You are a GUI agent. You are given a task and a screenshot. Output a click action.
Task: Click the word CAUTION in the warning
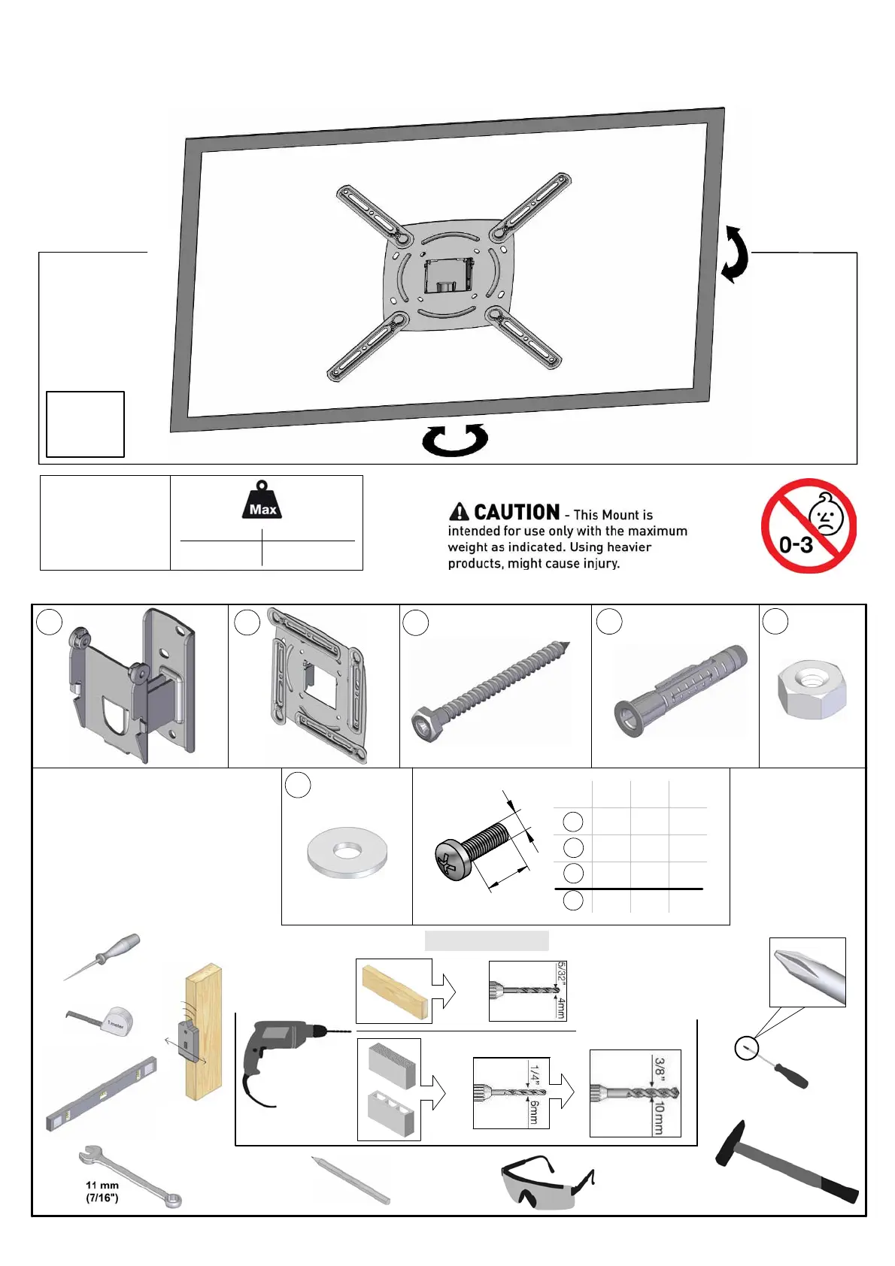pos(517,513)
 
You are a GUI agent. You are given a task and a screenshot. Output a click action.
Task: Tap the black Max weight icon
pos(262,501)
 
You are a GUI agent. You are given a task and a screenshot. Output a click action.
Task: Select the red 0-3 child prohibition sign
pos(809,526)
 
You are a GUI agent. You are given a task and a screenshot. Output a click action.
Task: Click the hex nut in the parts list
pos(812,689)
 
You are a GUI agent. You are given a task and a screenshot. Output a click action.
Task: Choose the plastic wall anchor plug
pos(680,690)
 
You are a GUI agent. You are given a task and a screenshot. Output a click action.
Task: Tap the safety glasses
pos(548,1183)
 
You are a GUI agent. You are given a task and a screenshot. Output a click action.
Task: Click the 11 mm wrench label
pos(102,1192)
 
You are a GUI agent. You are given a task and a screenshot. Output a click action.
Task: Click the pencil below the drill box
pos(351,1180)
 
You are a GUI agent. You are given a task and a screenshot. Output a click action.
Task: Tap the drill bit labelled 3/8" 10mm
pos(635,1092)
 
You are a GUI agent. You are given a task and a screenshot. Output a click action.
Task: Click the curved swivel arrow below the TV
pos(455,440)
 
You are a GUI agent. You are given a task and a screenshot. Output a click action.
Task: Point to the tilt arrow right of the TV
pos(735,255)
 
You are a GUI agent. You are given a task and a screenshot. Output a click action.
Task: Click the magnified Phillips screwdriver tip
pos(808,971)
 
